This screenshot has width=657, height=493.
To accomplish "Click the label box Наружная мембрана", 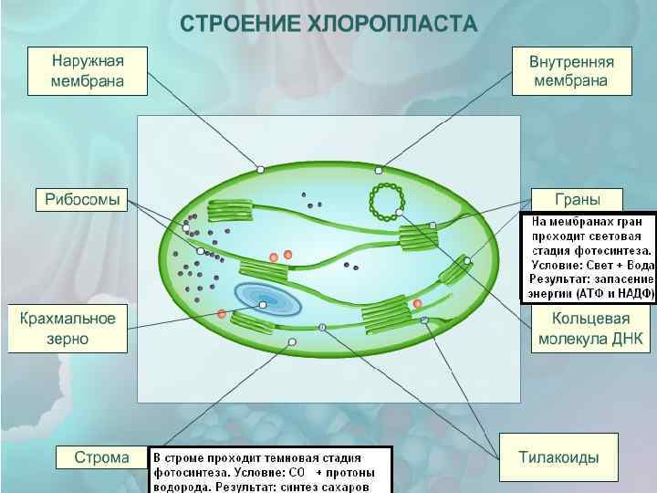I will [88, 70].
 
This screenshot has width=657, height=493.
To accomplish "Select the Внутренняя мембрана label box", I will [571, 70].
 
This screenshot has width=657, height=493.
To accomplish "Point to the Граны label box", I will [577, 200].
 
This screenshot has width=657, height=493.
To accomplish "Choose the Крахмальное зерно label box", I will [68, 328].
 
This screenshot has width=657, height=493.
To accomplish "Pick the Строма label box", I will [101, 457].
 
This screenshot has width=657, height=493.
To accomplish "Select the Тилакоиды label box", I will [558, 457].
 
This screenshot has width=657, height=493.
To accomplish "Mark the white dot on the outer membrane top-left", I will [260, 169].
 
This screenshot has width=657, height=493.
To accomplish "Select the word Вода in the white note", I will [636, 265].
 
